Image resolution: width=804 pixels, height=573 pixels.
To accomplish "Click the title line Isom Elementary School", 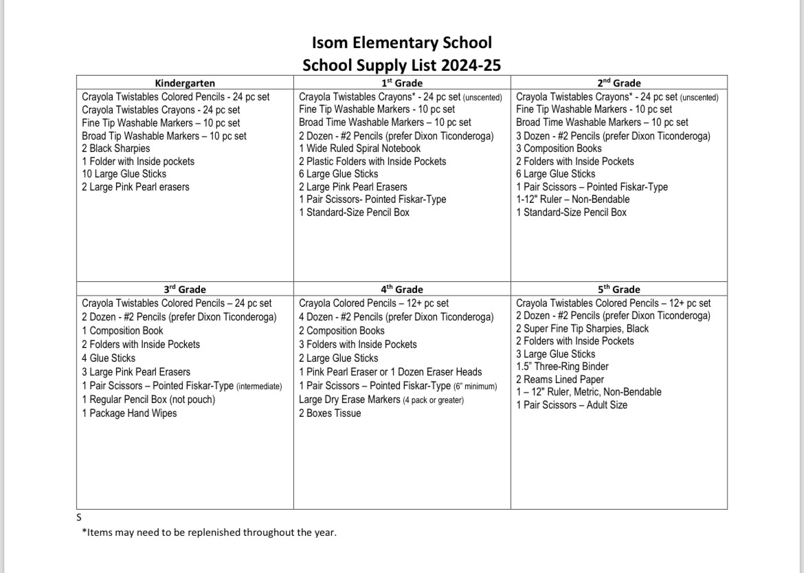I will click(x=401, y=43).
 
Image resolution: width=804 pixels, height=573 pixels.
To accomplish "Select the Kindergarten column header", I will click(x=185, y=83).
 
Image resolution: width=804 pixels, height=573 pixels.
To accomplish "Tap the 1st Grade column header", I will click(x=402, y=83).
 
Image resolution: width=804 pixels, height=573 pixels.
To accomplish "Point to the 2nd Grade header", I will click(x=618, y=83).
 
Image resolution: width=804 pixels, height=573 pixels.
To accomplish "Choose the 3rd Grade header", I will click(x=185, y=290).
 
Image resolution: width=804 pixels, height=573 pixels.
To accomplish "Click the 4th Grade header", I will click(x=402, y=290).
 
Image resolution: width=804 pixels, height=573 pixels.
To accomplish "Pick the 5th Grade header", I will click(x=618, y=290).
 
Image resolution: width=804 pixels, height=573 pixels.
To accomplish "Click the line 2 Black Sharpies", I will click(x=115, y=149).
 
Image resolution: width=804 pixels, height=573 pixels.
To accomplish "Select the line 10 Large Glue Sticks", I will click(x=124, y=174).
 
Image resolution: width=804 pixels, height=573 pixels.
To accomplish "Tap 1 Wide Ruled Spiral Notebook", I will click(x=359, y=149).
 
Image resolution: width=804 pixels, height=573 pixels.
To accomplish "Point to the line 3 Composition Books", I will click(x=559, y=149).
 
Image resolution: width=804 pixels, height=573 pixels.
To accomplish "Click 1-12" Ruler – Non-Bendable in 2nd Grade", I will click(x=572, y=199).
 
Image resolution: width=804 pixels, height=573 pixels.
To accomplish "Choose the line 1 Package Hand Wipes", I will click(x=129, y=413).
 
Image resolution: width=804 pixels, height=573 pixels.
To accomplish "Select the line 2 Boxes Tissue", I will click(x=330, y=413).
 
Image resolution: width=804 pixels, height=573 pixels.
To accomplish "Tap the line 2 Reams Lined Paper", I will click(x=560, y=380).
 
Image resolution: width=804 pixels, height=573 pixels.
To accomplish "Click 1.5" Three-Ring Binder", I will click(x=562, y=367).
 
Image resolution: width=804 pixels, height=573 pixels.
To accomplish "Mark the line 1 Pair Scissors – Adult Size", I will click(x=572, y=405).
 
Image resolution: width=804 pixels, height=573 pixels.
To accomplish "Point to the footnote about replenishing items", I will click(x=209, y=532).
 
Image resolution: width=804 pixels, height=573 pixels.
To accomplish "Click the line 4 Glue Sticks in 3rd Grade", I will click(x=109, y=358).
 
